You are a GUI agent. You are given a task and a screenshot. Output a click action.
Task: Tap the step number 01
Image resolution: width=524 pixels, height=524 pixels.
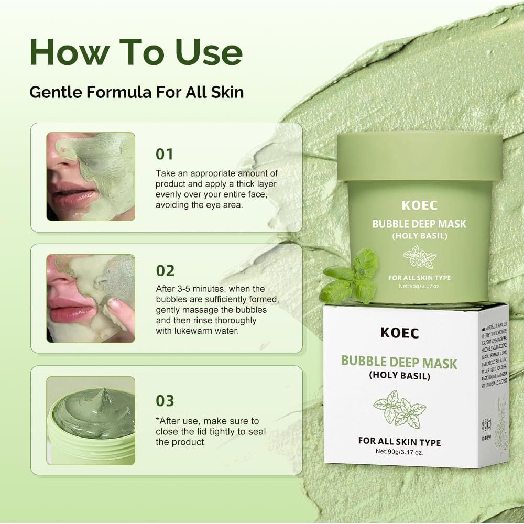pyautogui.click(x=165, y=154)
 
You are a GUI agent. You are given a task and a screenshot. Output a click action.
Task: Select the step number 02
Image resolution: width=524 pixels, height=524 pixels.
pyautogui.click(x=165, y=271)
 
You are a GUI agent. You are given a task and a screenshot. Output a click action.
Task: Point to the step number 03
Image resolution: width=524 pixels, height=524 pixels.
pyautogui.click(x=165, y=401)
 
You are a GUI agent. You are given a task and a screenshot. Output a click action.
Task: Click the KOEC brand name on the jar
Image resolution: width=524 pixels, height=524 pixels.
pyautogui.click(x=419, y=205)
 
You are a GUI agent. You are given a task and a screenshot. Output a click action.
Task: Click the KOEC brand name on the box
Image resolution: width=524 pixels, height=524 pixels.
pyautogui.click(x=399, y=333)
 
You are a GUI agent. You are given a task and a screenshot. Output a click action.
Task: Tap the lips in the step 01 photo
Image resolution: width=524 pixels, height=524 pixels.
pyautogui.click(x=71, y=195)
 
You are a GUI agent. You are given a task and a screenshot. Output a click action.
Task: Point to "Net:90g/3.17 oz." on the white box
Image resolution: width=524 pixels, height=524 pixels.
pyautogui.click(x=399, y=452)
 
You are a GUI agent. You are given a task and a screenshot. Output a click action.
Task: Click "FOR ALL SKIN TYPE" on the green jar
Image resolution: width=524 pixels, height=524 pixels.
pyautogui.click(x=419, y=278)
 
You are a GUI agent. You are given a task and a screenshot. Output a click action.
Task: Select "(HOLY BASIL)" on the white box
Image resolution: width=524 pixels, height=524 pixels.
pyautogui.click(x=399, y=376)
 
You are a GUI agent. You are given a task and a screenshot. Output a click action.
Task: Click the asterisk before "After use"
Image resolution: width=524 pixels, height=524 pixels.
pyautogui.click(x=158, y=420)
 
